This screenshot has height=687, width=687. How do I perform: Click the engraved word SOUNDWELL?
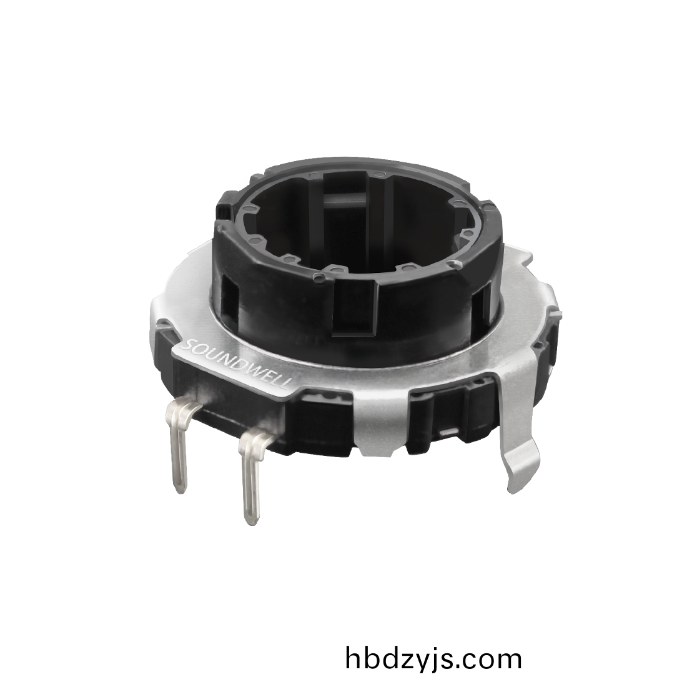click(237, 363)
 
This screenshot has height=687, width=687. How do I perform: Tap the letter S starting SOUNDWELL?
click(190, 343)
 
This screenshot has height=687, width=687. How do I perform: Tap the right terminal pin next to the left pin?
click(252, 474)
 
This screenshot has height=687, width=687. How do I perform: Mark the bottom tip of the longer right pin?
click(250, 524)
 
